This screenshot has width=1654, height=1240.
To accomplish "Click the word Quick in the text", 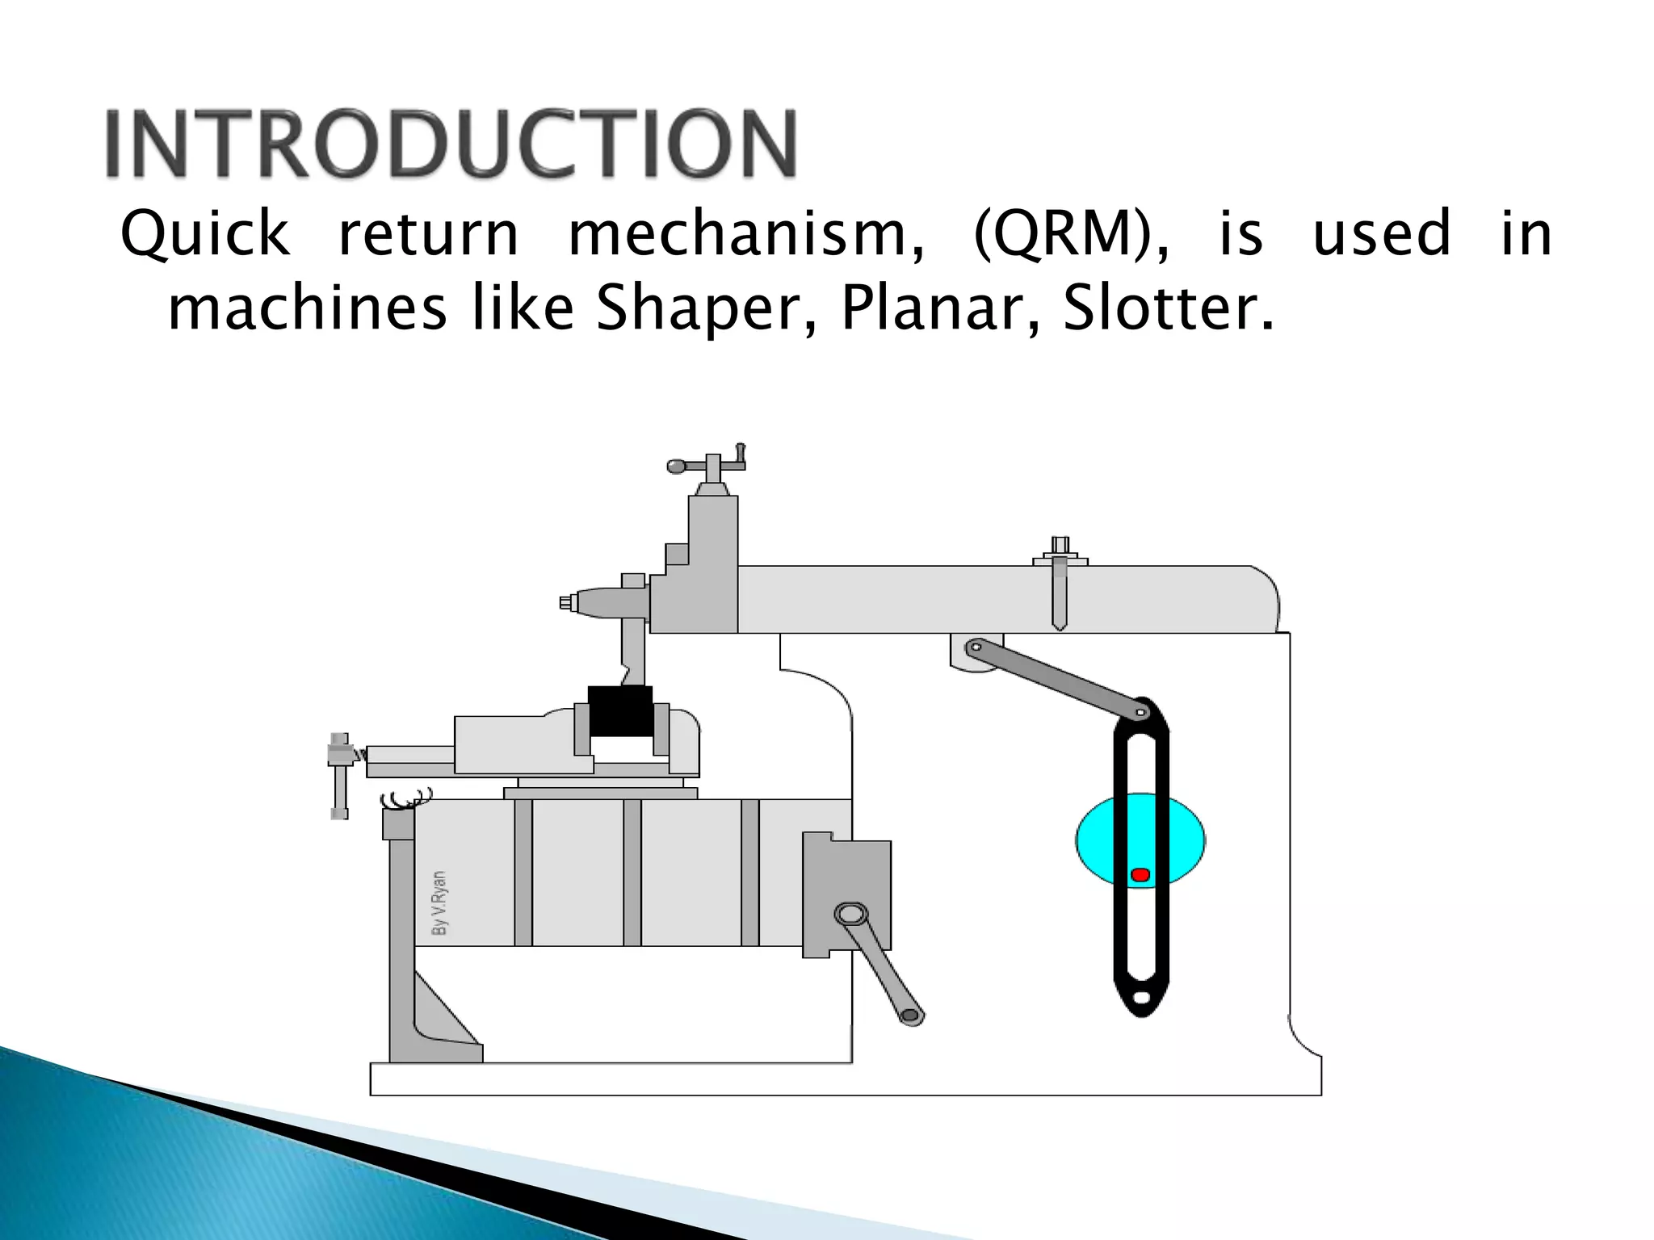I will coord(204,234).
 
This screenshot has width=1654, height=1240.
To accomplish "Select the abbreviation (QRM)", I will coord(1070,234).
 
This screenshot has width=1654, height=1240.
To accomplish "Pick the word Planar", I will coord(939,309).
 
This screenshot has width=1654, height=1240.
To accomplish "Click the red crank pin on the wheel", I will coord(1140,875).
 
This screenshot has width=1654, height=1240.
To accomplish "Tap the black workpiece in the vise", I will coord(620,710).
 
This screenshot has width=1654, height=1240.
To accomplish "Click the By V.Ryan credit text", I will coord(439,903).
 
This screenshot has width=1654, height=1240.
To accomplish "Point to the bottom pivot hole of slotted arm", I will coord(1141,999).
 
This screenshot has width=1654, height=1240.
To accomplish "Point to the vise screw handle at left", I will coord(340,775).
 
